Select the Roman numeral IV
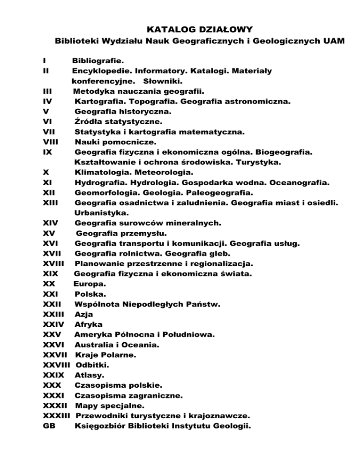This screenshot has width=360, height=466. (x=47, y=101)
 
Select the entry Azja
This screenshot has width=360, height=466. (x=84, y=314)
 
